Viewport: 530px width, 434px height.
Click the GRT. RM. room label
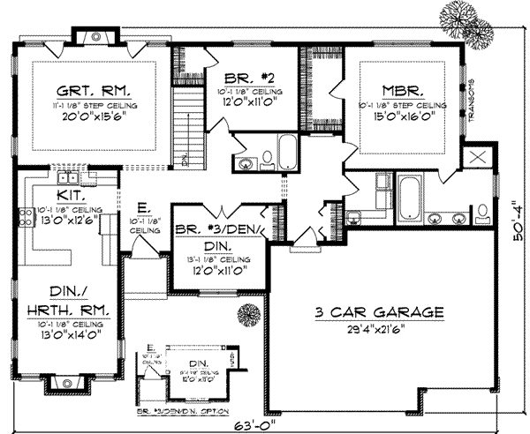95,90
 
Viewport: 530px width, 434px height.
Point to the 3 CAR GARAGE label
379,313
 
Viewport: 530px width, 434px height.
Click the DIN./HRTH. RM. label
64,304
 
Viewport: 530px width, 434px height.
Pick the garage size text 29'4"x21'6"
380,329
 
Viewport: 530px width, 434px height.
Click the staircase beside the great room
187,127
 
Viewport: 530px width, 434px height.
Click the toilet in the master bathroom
484,210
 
